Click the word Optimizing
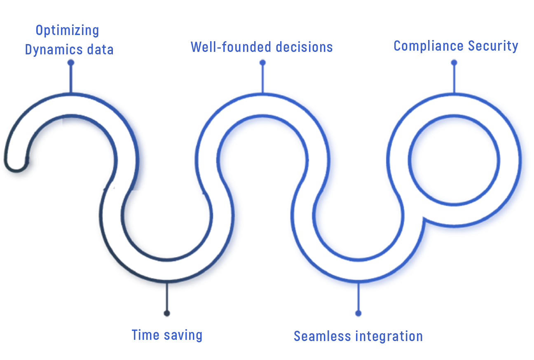(67, 31)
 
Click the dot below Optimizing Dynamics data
(71, 63)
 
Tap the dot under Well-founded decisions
(262, 63)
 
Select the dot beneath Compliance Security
(454, 63)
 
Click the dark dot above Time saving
(167, 313)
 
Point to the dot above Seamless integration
(358, 313)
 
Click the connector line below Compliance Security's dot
(454, 78)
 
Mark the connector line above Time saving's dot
(167, 297)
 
